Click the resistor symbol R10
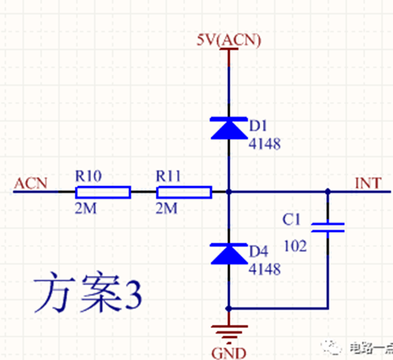tap(103, 192)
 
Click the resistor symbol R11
tap(184, 192)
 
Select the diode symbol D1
tap(229, 128)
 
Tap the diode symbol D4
tap(229, 253)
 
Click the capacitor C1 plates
tap(328, 227)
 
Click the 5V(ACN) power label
tap(229, 40)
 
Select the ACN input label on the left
tap(31, 183)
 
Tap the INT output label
tap(368, 183)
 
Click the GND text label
tap(229, 353)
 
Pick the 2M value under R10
tap(85, 208)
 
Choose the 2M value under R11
tap(166, 208)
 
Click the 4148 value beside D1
tap(265, 143)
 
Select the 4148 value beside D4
tap(265, 269)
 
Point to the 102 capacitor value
tap(295, 246)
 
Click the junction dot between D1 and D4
tap(229, 191)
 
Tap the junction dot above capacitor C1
tap(328, 191)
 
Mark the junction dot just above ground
tap(228, 309)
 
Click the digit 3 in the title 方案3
tap(134, 294)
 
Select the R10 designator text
tap(89, 176)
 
